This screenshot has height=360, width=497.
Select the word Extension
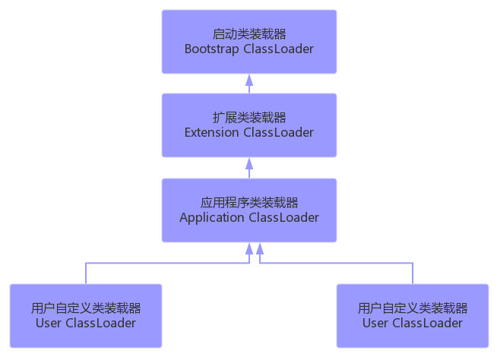coord(212,132)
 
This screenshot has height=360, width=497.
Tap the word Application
coord(212,217)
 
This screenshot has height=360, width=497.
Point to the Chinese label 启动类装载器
coord(249,33)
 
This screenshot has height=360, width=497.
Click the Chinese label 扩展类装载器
coord(249,117)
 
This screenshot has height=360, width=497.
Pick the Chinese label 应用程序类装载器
coord(249,202)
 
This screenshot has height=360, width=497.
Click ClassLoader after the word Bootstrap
coord(279,49)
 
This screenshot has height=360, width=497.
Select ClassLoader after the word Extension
coord(279,132)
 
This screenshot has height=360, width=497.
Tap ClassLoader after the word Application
coord(283,217)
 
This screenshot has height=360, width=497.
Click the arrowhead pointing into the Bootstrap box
coord(249,78)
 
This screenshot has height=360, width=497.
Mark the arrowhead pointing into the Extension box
coord(249,163)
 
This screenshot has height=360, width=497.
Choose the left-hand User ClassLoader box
coord(86,315)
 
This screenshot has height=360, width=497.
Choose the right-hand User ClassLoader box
coord(413,315)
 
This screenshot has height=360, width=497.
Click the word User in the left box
coord(49,323)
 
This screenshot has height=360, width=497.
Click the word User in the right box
coord(375,323)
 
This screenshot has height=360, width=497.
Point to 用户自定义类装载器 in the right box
coord(413,308)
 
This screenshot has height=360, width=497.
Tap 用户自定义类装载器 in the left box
coord(86,308)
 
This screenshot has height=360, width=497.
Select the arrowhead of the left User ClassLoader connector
coord(249,248)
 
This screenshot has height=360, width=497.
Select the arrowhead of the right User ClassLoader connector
coord(260,248)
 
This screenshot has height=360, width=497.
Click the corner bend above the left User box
coord(86,264)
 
